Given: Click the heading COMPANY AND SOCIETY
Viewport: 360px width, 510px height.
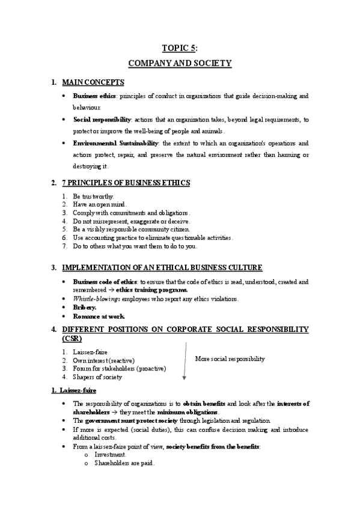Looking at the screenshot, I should [x=180, y=63].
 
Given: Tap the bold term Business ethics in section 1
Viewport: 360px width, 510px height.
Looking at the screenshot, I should [x=94, y=96].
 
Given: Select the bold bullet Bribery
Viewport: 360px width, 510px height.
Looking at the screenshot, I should [x=85, y=307].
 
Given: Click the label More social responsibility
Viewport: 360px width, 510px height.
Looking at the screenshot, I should [x=230, y=359].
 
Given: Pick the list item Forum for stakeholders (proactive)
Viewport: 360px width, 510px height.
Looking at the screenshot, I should [x=119, y=369].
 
